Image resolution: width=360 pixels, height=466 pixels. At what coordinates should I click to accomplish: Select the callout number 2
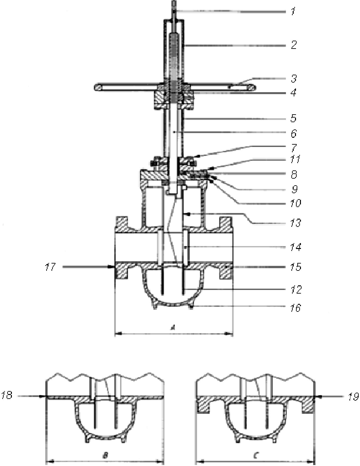(x=294, y=45)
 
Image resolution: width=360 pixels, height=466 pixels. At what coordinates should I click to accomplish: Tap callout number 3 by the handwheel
(x=294, y=79)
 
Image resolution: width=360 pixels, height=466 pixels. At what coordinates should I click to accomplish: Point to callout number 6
(x=294, y=133)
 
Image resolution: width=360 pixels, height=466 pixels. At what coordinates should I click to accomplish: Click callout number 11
(x=295, y=159)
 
